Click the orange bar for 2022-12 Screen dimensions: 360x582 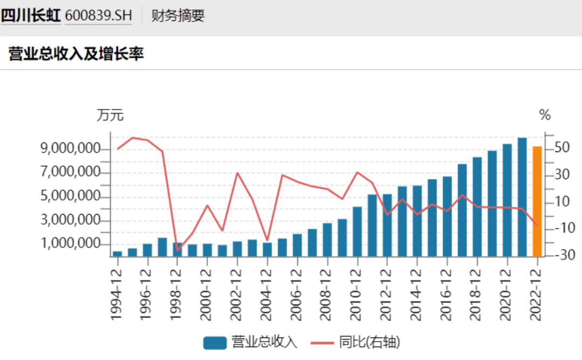coord(537,201)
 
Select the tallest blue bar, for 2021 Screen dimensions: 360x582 coord(522,197)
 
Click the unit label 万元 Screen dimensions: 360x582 coord(110,115)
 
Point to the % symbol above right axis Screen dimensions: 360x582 coord(545,115)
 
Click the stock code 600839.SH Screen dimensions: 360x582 coord(98,16)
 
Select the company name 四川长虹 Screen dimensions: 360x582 coord(30,16)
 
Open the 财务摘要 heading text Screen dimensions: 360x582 coord(178,16)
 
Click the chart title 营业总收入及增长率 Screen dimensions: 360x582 coord(77,53)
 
